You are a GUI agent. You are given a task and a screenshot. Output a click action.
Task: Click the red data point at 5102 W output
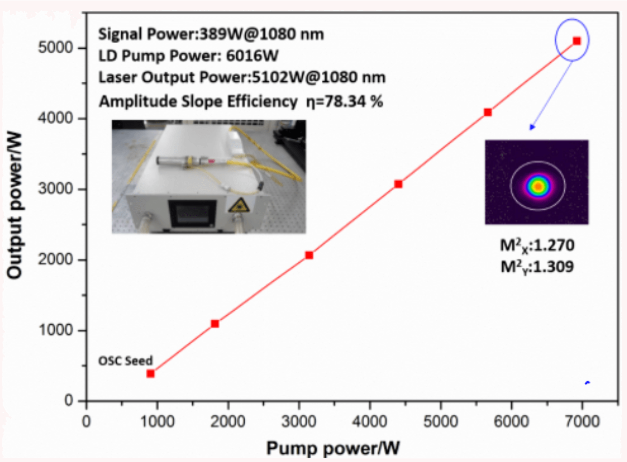(x=577, y=41)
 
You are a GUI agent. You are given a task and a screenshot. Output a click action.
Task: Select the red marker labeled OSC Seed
(x=151, y=373)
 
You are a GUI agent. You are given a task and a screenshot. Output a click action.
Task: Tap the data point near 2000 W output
(x=309, y=255)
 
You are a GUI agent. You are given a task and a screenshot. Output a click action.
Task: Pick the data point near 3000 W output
(x=398, y=184)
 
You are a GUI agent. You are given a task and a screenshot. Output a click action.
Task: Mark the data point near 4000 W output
(x=488, y=112)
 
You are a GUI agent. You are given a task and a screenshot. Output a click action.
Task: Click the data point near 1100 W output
(x=215, y=323)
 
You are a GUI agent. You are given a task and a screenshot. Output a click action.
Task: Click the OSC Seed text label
(x=126, y=361)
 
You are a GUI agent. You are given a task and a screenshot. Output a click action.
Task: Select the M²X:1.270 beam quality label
(x=536, y=246)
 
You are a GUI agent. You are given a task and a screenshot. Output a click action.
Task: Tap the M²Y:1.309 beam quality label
(x=536, y=266)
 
